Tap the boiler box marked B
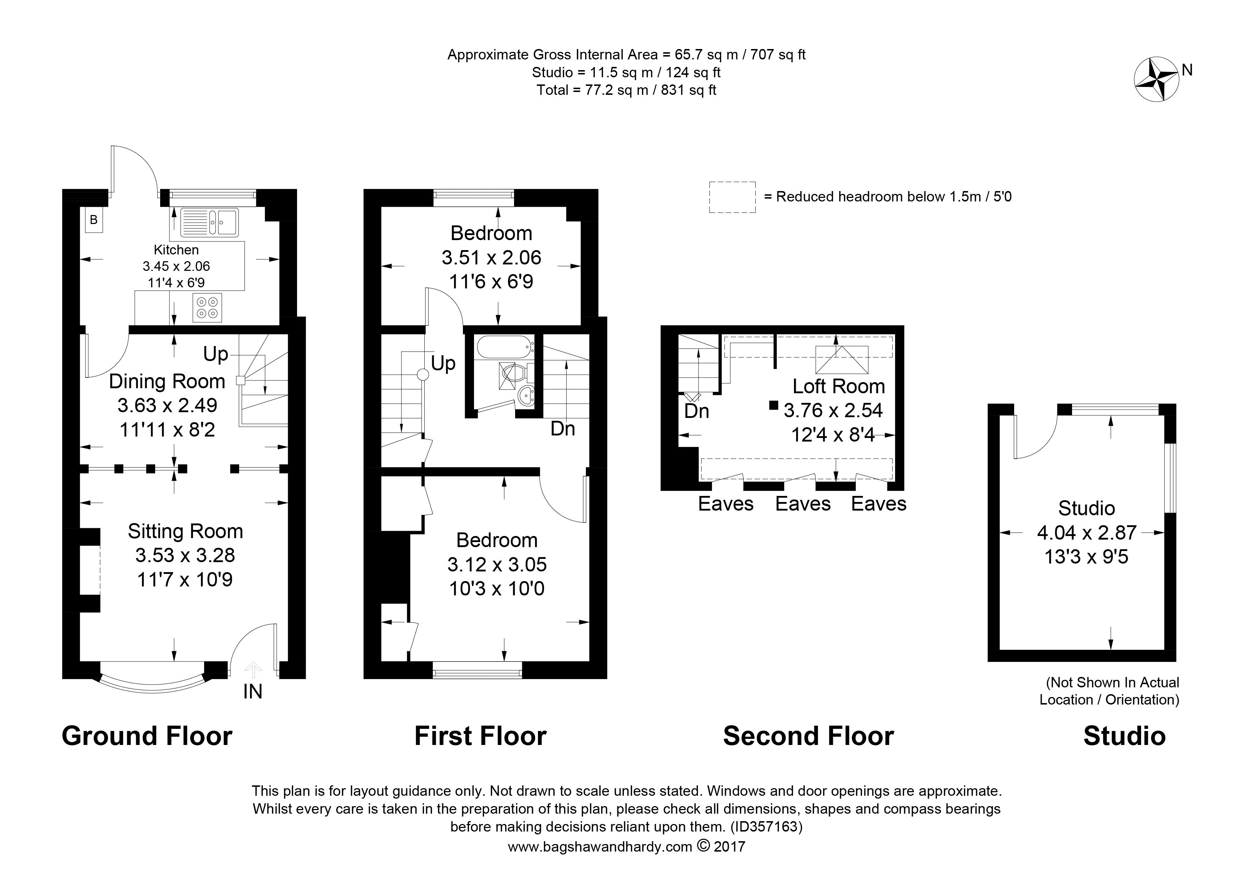click(93, 220)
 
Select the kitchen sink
click(210, 222)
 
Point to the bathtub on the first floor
click(505, 346)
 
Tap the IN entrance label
click(253, 692)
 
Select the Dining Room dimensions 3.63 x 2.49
click(167, 405)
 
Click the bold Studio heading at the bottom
click(1125, 736)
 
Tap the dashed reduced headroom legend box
click(732, 197)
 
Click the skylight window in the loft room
click(841, 359)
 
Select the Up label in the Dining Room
click(216, 354)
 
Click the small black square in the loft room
click(773, 405)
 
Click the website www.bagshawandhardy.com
click(600, 847)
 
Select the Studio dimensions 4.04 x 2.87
click(1087, 532)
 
